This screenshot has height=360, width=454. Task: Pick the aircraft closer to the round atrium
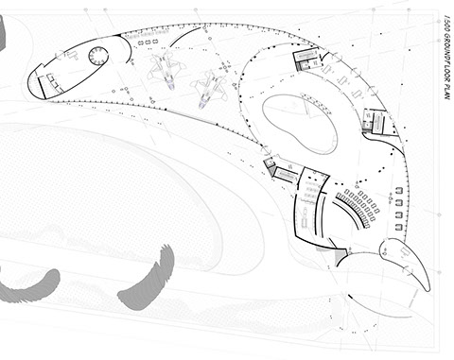[209, 90]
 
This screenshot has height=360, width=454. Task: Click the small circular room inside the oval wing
[98, 56]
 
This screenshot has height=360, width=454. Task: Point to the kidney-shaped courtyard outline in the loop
[300, 124]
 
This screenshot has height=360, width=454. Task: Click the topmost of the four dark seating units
[399, 191]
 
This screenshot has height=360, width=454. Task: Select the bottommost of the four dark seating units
[399, 227]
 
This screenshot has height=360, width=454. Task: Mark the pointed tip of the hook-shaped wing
[429, 290]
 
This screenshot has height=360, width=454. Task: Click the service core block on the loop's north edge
[306, 59]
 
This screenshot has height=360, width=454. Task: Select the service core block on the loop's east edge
[375, 121]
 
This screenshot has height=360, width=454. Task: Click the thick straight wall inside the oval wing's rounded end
[42, 87]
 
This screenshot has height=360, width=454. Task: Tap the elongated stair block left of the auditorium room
[286, 175]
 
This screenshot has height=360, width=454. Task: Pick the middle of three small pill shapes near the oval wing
[148, 42]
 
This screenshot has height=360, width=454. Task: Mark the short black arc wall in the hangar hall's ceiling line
[184, 35]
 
